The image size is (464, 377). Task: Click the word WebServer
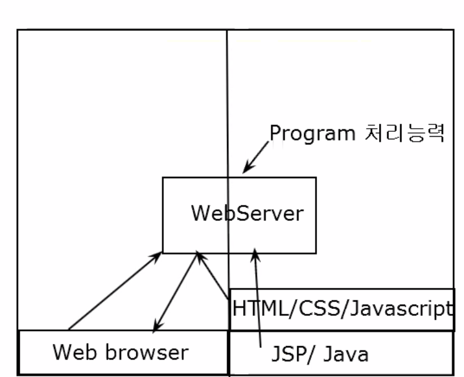click(248, 213)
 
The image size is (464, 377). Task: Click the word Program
click(313, 134)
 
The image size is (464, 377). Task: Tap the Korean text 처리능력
click(404, 133)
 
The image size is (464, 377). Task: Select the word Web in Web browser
click(74, 352)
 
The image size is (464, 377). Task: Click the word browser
click(147, 352)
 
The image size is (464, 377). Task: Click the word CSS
click(319, 308)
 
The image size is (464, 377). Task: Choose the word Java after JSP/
click(346, 353)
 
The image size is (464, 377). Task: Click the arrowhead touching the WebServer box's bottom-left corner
click(155, 256)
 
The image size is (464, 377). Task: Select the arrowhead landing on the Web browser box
click(157, 326)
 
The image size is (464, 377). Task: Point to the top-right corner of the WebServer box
click(316, 178)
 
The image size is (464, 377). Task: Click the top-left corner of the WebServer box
click(163, 178)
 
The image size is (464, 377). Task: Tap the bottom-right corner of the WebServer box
click(316, 253)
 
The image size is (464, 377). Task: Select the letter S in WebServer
click(243, 213)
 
